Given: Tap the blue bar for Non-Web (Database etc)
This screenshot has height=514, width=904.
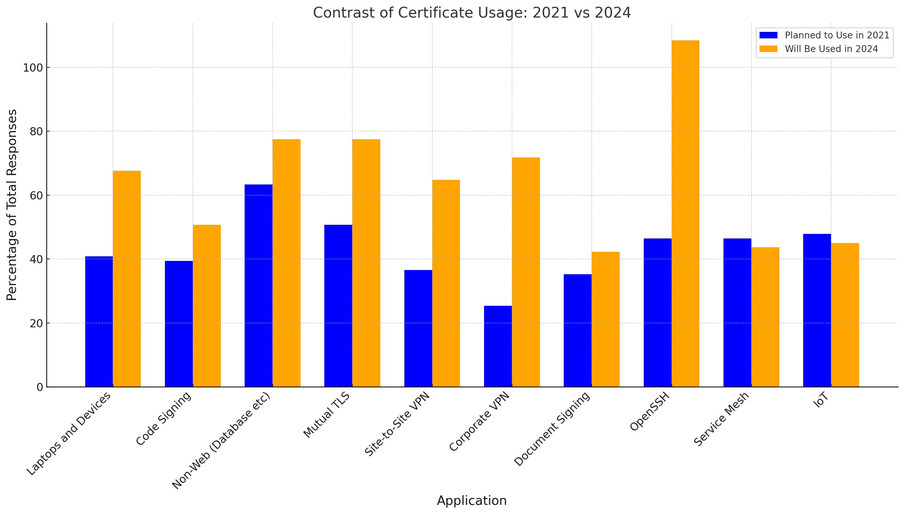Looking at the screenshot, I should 258,286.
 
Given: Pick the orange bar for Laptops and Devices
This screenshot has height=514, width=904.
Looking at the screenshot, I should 127,279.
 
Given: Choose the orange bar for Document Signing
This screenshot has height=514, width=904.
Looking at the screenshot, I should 605,319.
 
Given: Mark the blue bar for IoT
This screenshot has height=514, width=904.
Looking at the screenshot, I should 817,310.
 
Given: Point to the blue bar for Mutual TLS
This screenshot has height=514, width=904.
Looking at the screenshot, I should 338,306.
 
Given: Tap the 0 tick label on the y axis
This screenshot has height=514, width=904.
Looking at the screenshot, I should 40,387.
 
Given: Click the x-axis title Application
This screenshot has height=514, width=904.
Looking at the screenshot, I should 472,501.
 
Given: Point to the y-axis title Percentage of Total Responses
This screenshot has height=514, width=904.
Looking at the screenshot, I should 12,205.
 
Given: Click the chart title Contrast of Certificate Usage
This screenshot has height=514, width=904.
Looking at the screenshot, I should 472,13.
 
